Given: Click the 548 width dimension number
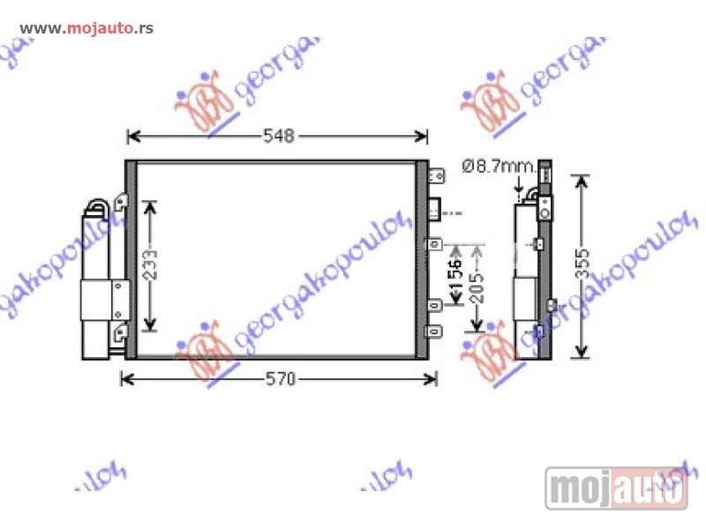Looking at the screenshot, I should (279, 136).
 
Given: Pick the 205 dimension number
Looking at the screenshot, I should (477, 284).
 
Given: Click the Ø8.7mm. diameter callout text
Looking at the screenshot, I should (499, 164).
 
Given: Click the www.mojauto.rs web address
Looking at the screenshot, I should (86, 28).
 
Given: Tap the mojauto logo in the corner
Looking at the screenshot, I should (617, 488).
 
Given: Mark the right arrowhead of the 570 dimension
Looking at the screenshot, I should (432, 379).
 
